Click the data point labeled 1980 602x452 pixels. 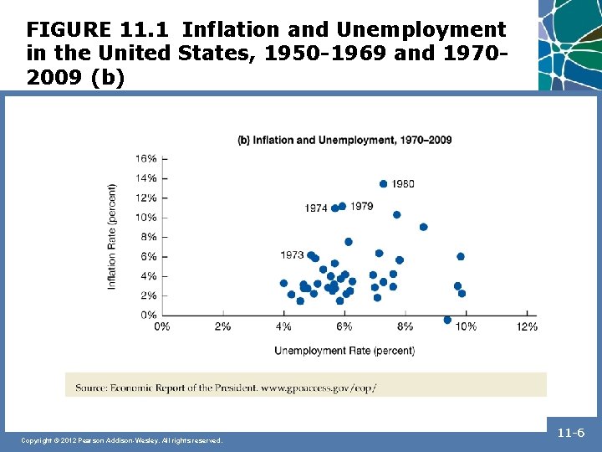383,184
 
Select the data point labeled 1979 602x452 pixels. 342,206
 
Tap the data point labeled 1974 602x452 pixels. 334,208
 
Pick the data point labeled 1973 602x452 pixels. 311,255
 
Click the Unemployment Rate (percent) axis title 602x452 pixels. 344,350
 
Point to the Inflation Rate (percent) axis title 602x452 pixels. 112,237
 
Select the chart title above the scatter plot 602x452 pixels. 344,140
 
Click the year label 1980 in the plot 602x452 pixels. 402,184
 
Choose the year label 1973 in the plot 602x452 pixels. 292,255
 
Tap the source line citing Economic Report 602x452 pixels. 226,388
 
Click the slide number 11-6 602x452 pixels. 573,434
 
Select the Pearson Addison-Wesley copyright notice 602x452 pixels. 122,440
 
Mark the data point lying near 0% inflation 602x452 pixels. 447,320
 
